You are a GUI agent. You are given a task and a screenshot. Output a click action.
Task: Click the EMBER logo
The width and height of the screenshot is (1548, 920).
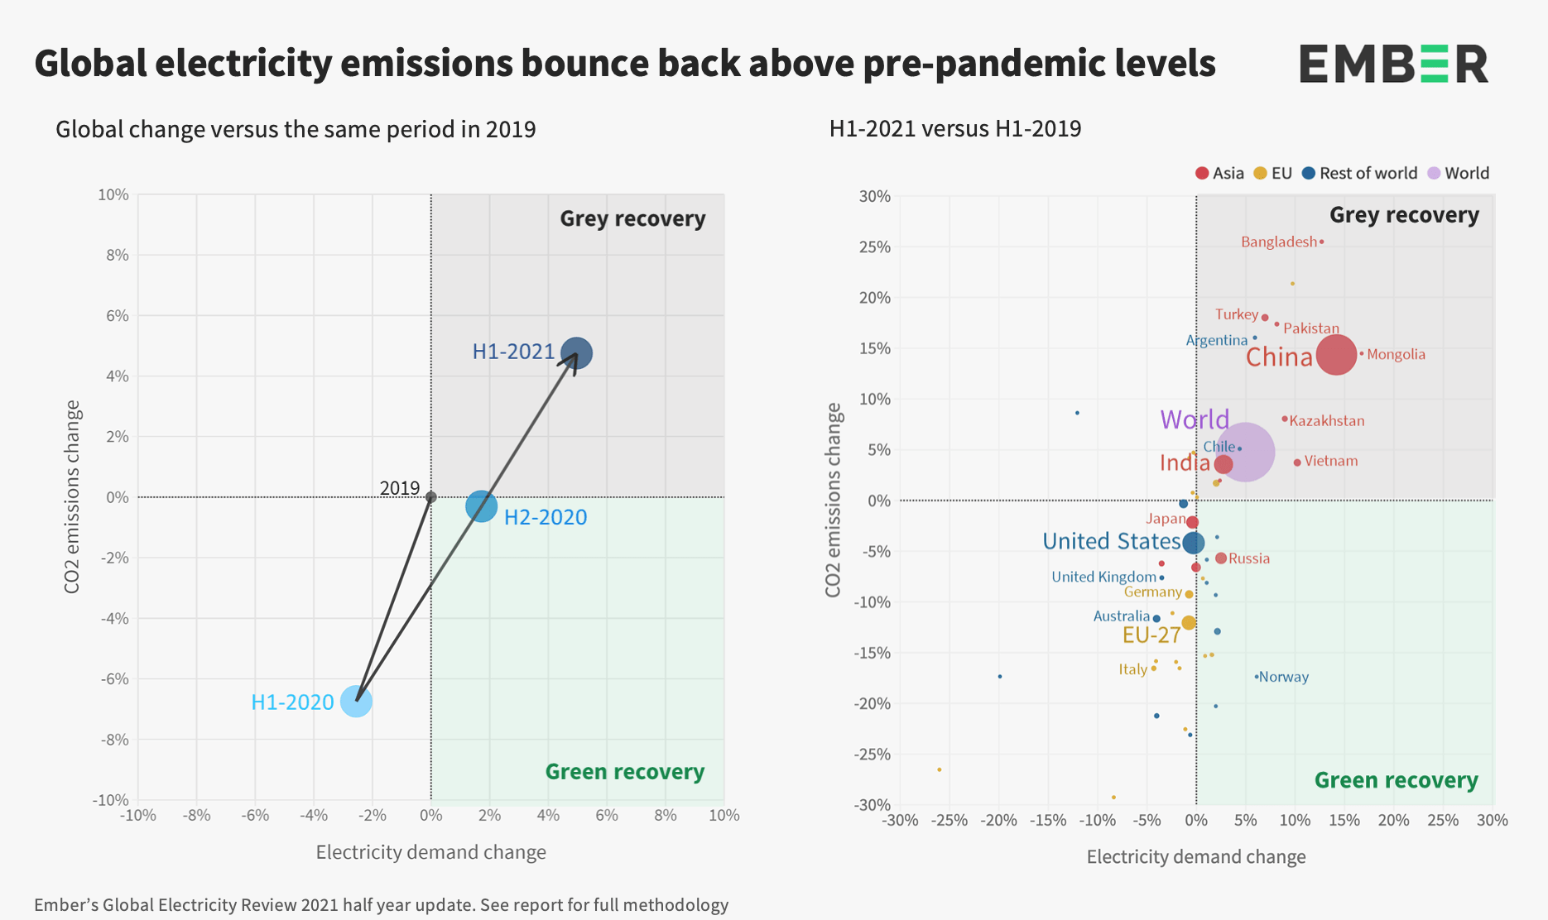tap(1393, 64)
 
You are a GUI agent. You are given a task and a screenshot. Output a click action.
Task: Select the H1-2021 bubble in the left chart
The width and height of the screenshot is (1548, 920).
tap(576, 353)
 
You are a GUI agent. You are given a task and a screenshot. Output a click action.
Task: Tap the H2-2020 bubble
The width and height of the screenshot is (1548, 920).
tap(481, 506)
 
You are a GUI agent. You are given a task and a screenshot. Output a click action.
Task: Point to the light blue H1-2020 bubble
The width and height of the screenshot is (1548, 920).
tap(356, 701)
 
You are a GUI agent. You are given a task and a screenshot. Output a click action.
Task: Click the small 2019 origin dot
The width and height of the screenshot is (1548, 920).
tap(430, 497)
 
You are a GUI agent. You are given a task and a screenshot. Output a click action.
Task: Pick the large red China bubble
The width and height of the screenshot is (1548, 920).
tap(1336, 354)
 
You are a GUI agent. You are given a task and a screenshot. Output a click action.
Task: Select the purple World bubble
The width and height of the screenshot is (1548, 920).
tap(1244, 452)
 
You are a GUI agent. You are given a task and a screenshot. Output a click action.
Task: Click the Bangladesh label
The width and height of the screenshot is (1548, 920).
tap(1278, 242)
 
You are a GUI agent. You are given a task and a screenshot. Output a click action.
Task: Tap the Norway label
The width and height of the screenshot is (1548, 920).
tap(1284, 677)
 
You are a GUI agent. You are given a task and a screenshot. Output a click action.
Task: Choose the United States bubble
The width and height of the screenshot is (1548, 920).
tap(1193, 543)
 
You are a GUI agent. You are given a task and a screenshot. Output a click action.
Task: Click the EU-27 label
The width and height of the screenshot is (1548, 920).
tap(1151, 635)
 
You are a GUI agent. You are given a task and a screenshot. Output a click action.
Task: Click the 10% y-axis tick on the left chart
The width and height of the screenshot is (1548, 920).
tap(113, 195)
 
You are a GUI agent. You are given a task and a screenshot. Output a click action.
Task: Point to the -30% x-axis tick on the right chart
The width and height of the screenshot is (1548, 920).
tap(900, 820)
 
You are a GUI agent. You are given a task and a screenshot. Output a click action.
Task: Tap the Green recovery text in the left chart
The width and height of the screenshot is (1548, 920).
tap(624, 772)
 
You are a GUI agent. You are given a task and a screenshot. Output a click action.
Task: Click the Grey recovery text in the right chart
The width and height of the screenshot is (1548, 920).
tap(1403, 215)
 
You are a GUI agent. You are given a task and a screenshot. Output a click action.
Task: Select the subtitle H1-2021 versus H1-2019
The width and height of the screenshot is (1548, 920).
tap(954, 129)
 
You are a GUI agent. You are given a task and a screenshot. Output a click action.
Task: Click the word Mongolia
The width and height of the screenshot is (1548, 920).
tap(1396, 355)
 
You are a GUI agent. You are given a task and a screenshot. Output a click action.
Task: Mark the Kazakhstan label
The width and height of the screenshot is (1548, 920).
tap(1326, 421)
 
